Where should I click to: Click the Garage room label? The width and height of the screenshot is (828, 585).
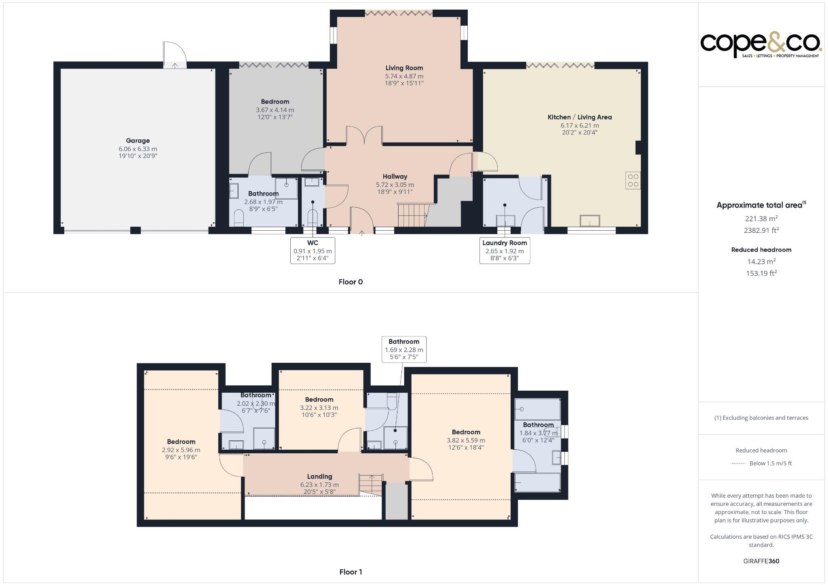tap(137, 141)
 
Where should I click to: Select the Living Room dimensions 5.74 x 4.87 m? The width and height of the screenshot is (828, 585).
tap(404, 76)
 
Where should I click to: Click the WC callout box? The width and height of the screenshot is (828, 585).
tap(313, 250)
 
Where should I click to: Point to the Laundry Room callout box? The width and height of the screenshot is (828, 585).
tap(504, 250)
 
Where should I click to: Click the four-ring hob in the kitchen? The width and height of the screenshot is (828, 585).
tap(633, 180)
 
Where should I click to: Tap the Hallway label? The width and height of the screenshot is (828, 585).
tap(395, 177)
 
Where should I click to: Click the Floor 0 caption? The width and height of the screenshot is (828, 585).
tap(351, 282)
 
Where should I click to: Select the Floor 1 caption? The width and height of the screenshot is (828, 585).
tap(351, 572)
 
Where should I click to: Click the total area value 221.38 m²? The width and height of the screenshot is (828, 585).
tap(761, 219)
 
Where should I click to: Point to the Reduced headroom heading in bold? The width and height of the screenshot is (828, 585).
tap(761, 250)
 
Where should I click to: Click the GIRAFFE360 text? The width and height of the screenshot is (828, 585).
tap(761, 561)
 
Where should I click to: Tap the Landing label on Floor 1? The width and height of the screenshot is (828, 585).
tap(319, 476)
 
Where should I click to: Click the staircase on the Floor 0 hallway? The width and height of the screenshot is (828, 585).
tap(412, 215)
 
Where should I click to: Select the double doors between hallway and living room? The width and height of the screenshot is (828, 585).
tap(364, 136)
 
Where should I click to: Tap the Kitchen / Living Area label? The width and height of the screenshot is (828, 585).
tap(579, 117)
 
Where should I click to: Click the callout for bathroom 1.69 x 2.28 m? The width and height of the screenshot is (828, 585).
tap(403, 349)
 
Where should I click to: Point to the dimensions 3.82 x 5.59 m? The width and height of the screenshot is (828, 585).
tap(466, 440)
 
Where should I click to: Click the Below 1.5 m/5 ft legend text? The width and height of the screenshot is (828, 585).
tap(770, 463)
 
